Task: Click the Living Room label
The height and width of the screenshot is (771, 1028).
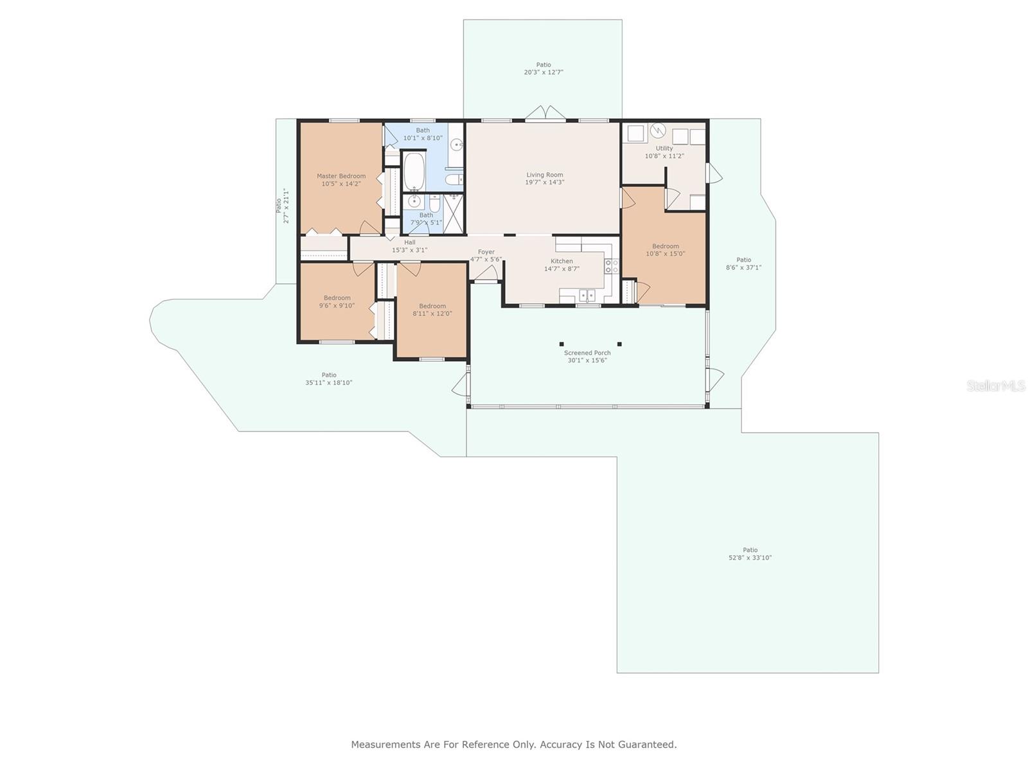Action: [544, 175]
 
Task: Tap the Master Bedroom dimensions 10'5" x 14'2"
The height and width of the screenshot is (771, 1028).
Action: [341, 184]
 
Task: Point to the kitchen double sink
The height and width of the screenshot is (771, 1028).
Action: [587, 295]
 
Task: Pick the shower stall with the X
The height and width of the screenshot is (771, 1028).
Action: [454, 213]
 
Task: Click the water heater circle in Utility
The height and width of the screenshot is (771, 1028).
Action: [657, 130]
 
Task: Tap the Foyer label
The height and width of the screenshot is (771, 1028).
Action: [486, 252]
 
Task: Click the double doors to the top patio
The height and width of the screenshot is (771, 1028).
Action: [545, 113]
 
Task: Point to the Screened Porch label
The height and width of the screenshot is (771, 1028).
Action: [587, 353]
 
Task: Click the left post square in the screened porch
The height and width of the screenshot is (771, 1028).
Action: [562, 344]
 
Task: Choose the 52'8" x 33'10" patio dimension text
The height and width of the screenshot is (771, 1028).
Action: [750, 558]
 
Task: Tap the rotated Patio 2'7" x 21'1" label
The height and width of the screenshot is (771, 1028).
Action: [283, 206]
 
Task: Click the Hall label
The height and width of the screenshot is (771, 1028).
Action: [410, 242]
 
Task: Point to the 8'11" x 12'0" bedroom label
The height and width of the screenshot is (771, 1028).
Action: [432, 314]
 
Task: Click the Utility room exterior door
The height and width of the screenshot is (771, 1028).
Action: [714, 173]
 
